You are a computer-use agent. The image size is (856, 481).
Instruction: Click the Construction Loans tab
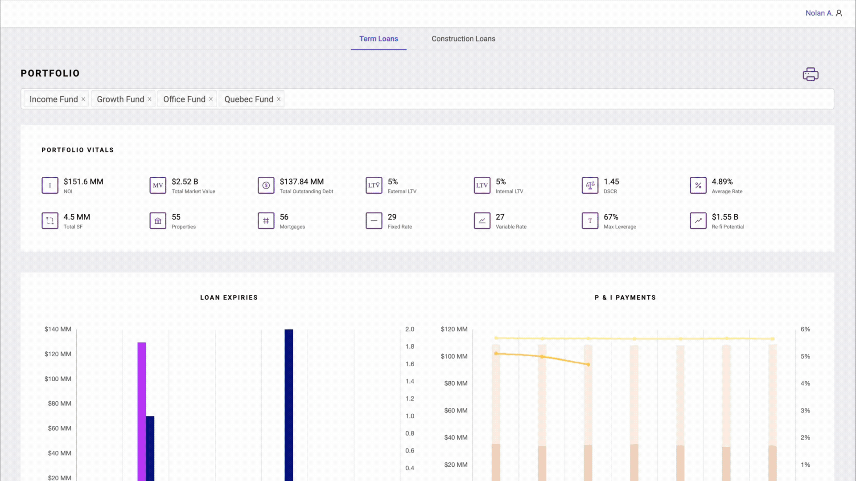463,39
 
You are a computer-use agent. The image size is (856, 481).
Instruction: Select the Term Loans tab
379,39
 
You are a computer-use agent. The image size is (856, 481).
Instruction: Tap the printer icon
810,74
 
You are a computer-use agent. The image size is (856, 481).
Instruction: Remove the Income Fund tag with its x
83,99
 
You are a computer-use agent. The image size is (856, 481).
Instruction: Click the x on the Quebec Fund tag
279,99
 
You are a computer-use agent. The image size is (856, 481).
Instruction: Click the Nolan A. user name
819,13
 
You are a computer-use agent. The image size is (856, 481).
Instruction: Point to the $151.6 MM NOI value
83,182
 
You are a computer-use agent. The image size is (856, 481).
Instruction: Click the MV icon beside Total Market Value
158,185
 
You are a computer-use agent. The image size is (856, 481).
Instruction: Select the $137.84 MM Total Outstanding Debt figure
301,182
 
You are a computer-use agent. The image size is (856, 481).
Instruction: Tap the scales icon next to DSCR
590,185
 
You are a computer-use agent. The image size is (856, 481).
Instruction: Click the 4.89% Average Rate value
722,182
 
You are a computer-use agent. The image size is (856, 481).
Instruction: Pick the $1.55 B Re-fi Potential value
724,217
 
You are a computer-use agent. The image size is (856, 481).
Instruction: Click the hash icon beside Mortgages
266,220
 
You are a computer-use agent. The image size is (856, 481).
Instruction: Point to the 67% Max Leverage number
611,217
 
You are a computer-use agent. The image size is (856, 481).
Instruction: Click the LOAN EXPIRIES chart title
229,298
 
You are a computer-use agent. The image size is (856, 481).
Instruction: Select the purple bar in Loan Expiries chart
141,410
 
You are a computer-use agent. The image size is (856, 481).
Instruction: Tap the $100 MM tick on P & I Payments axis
454,356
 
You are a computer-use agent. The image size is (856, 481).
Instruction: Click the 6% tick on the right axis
805,329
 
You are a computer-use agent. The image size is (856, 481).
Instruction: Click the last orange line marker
588,364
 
